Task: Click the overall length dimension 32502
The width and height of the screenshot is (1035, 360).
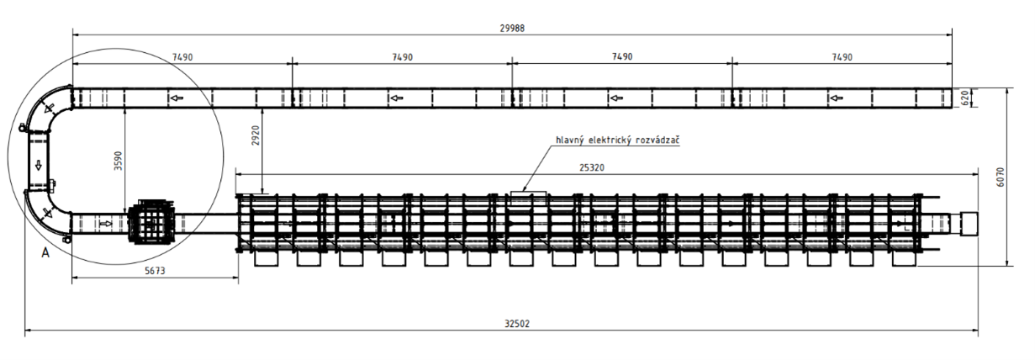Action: click(516, 324)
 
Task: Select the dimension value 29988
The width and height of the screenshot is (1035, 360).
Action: click(512, 29)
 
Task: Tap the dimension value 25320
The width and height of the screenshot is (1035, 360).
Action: click(591, 167)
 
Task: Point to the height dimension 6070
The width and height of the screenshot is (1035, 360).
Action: click(1001, 177)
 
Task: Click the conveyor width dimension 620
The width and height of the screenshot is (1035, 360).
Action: click(964, 98)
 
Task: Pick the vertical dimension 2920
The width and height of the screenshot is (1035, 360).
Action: click(256, 135)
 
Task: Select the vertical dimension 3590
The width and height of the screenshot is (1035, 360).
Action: click(119, 161)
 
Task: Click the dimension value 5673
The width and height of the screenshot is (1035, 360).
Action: click(155, 271)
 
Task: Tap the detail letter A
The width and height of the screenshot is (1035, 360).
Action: click(45, 253)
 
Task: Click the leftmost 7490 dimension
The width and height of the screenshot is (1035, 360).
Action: click(182, 57)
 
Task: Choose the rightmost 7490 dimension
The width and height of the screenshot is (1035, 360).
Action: click(842, 57)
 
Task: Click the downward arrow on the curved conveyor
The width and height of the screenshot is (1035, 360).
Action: click(39, 165)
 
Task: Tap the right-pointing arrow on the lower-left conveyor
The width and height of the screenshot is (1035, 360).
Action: click(106, 224)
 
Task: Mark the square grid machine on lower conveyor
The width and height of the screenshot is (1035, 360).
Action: click(150, 222)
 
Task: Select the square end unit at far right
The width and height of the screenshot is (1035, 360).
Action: click(969, 224)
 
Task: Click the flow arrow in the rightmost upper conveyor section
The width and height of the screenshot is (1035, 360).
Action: click(836, 98)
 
